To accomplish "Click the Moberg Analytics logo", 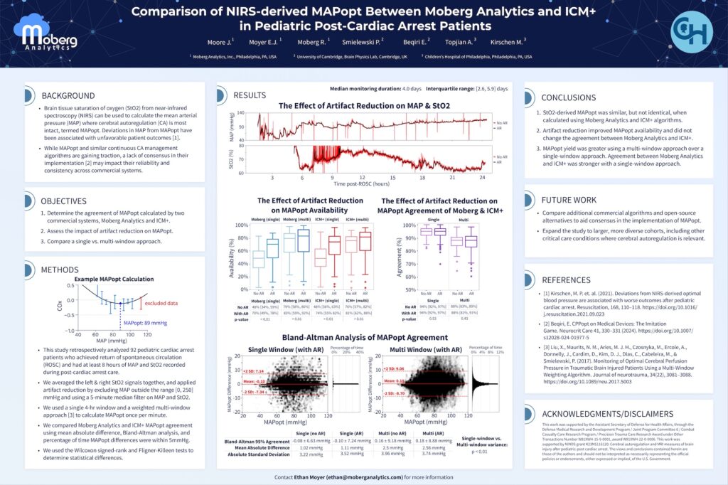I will pos(48,36).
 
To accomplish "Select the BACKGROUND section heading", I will pos(68,95).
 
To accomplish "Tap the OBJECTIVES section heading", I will pos(64,201).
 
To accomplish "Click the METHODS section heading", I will pos(60,270).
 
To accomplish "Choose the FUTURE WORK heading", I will pos(570,200).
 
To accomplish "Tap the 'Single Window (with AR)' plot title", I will pos(286,349).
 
